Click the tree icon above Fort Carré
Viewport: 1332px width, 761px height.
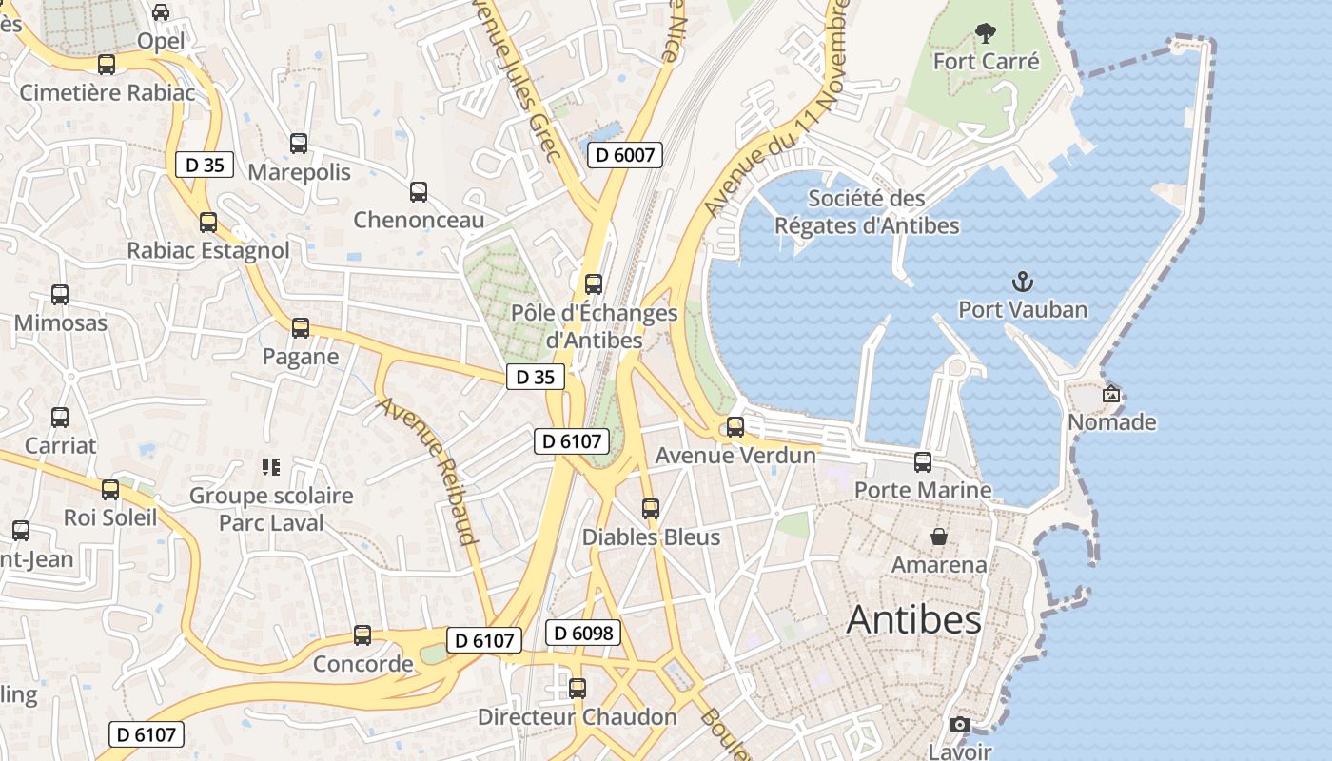pos(986,34)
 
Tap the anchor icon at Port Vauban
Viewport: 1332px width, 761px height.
pos(1023,282)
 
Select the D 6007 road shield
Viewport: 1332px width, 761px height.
pos(624,155)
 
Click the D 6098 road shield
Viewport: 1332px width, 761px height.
pos(583,633)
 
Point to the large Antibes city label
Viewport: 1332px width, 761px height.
pos(913,620)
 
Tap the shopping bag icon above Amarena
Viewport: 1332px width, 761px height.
pos(939,537)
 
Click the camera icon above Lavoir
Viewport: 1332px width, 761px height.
pos(959,725)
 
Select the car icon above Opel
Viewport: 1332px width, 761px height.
pos(161,12)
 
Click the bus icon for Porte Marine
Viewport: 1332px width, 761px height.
pos(923,462)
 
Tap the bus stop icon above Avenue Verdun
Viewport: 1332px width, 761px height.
pos(735,427)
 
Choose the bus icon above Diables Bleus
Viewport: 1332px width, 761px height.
pos(651,509)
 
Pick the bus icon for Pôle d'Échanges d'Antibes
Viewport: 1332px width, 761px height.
pos(594,284)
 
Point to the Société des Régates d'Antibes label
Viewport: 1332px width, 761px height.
pos(867,212)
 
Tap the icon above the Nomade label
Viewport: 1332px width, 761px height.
pos(1111,394)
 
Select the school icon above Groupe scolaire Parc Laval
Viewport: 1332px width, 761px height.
pos(271,467)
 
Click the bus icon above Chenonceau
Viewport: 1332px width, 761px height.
pos(419,192)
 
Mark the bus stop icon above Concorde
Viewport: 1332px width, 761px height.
pos(362,635)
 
